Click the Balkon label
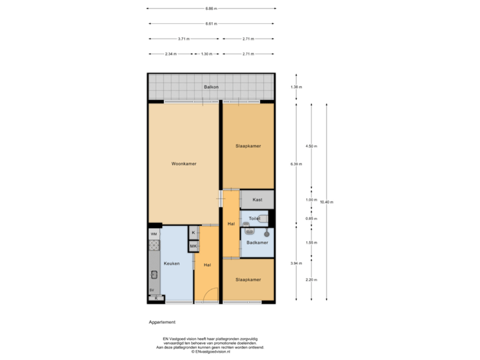[211, 87]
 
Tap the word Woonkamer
[183, 163]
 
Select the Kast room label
[257, 199]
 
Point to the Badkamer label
[257, 243]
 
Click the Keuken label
[171, 263]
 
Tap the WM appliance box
[153, 234]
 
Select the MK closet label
[193, 246]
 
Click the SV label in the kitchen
[152, 290]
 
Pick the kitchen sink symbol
[153, 274]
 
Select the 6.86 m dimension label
[211, 9]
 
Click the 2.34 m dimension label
[171, 53]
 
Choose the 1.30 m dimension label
[207, 53]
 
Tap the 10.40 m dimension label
[327, 201]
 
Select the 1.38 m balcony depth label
[296, 87]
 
